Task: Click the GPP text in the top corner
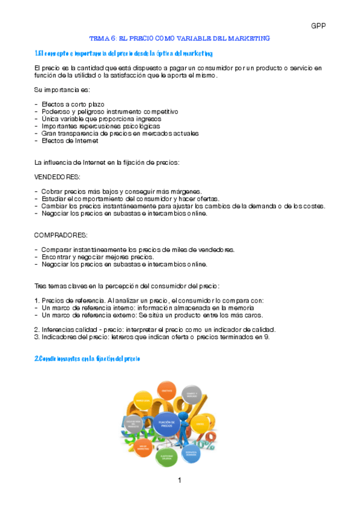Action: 318,25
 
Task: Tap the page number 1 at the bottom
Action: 179,480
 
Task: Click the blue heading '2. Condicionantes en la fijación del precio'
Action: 87,358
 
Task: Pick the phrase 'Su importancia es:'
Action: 61,90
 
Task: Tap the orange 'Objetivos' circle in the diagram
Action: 167,391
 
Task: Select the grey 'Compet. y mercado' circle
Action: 191,396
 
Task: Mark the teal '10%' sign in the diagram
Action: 208,446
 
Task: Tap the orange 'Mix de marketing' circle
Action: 142,447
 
